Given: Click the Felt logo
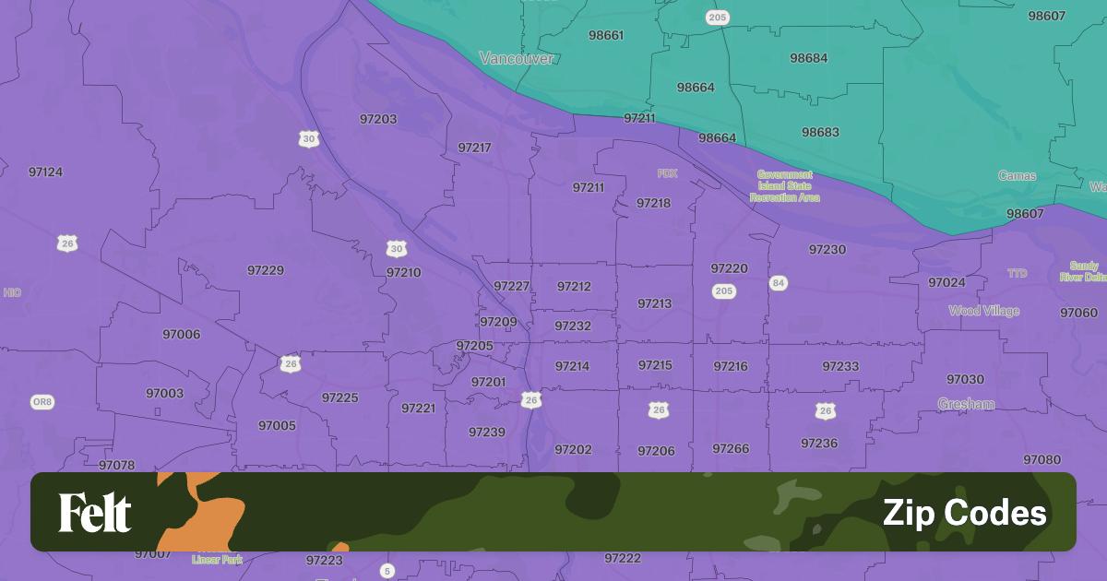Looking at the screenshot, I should pos(95,513).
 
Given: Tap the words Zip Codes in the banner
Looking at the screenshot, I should pos(964,513).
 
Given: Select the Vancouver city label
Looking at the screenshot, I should pos(517,58).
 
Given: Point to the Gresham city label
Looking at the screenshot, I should pos(966,404).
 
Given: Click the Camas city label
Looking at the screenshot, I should pos(1017,175).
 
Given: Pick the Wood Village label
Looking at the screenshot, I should pos(983,311).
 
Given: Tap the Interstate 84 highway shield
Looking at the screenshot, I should pos(779,283).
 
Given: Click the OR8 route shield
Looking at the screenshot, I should pos(42,402).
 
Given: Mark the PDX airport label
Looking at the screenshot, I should pos(667,173).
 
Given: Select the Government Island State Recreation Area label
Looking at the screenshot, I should pos(785,185).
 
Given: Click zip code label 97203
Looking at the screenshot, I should pos(378,119).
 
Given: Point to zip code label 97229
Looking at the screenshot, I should pos(266,270).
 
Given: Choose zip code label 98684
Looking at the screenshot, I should pos(808,58).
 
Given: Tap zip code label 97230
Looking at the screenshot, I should pos(827,249).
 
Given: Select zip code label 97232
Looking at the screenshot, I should pos(573,326).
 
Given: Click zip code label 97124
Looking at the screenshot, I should pos(45,172).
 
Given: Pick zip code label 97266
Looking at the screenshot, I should pos(731,448).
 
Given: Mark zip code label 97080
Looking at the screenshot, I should pos(1042,459).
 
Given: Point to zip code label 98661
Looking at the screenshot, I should pos(605,35).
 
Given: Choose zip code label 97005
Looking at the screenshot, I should pos(277,425).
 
